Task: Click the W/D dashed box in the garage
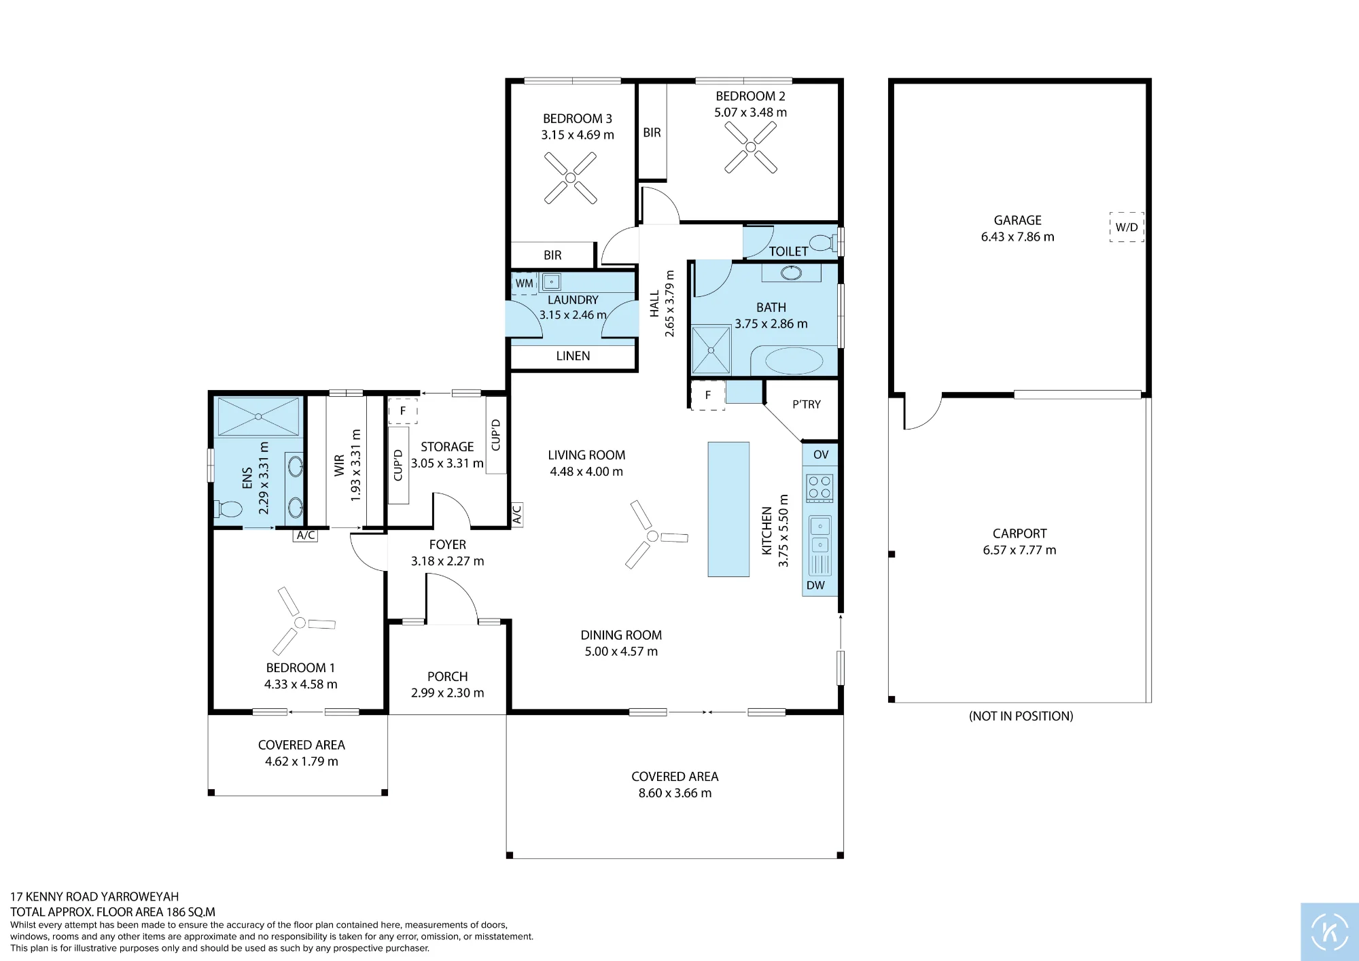1127,227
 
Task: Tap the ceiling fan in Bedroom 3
571,178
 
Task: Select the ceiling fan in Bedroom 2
751,147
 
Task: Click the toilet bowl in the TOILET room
824,242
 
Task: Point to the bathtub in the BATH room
794,360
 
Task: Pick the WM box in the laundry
525,283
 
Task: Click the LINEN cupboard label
573,355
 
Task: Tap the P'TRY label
807,404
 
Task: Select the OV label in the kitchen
821,455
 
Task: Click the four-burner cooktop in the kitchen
819,488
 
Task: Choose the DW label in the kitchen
815,585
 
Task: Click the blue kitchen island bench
728,510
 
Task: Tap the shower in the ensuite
258,417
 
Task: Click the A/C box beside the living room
516,515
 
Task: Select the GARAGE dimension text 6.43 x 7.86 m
1017,237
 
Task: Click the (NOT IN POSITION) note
1021,716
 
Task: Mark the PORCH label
448,677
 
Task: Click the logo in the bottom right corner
1330,932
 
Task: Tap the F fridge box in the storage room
403,411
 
